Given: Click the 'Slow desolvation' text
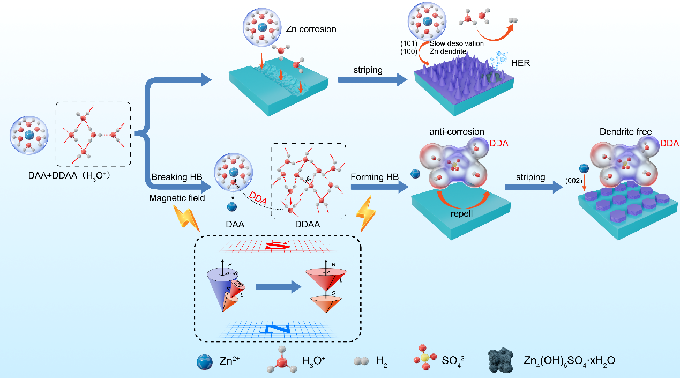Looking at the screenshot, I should point(457,43).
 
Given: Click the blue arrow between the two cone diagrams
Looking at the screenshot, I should point(278,286).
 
